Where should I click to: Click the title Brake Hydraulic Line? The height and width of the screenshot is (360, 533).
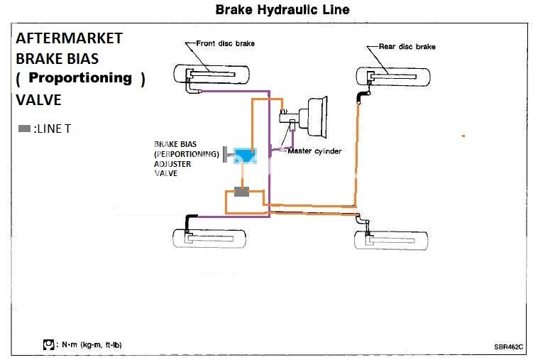click(282, 10)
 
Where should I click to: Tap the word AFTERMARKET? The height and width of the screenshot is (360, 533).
click(69, 38)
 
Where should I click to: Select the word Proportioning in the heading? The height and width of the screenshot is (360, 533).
click(80, 77)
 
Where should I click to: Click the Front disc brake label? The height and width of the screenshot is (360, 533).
click(226, 44)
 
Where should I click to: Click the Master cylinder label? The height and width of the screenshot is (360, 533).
click(314, 151)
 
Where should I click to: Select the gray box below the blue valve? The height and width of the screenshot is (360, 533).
click(243, 192)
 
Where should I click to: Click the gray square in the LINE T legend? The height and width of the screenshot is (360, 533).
click(24, 129)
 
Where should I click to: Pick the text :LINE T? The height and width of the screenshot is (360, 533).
click(53, 129)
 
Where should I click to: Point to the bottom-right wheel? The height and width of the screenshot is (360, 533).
click(391, 239)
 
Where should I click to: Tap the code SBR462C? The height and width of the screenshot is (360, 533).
click(509, 347)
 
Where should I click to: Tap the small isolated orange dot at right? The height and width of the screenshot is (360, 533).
click(463, 135)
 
